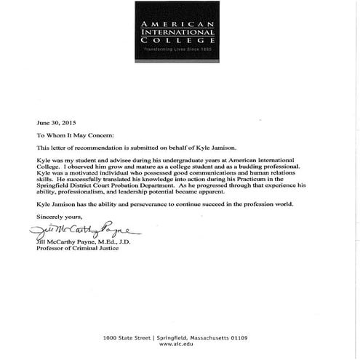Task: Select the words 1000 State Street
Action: click(x=127, y=337)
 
